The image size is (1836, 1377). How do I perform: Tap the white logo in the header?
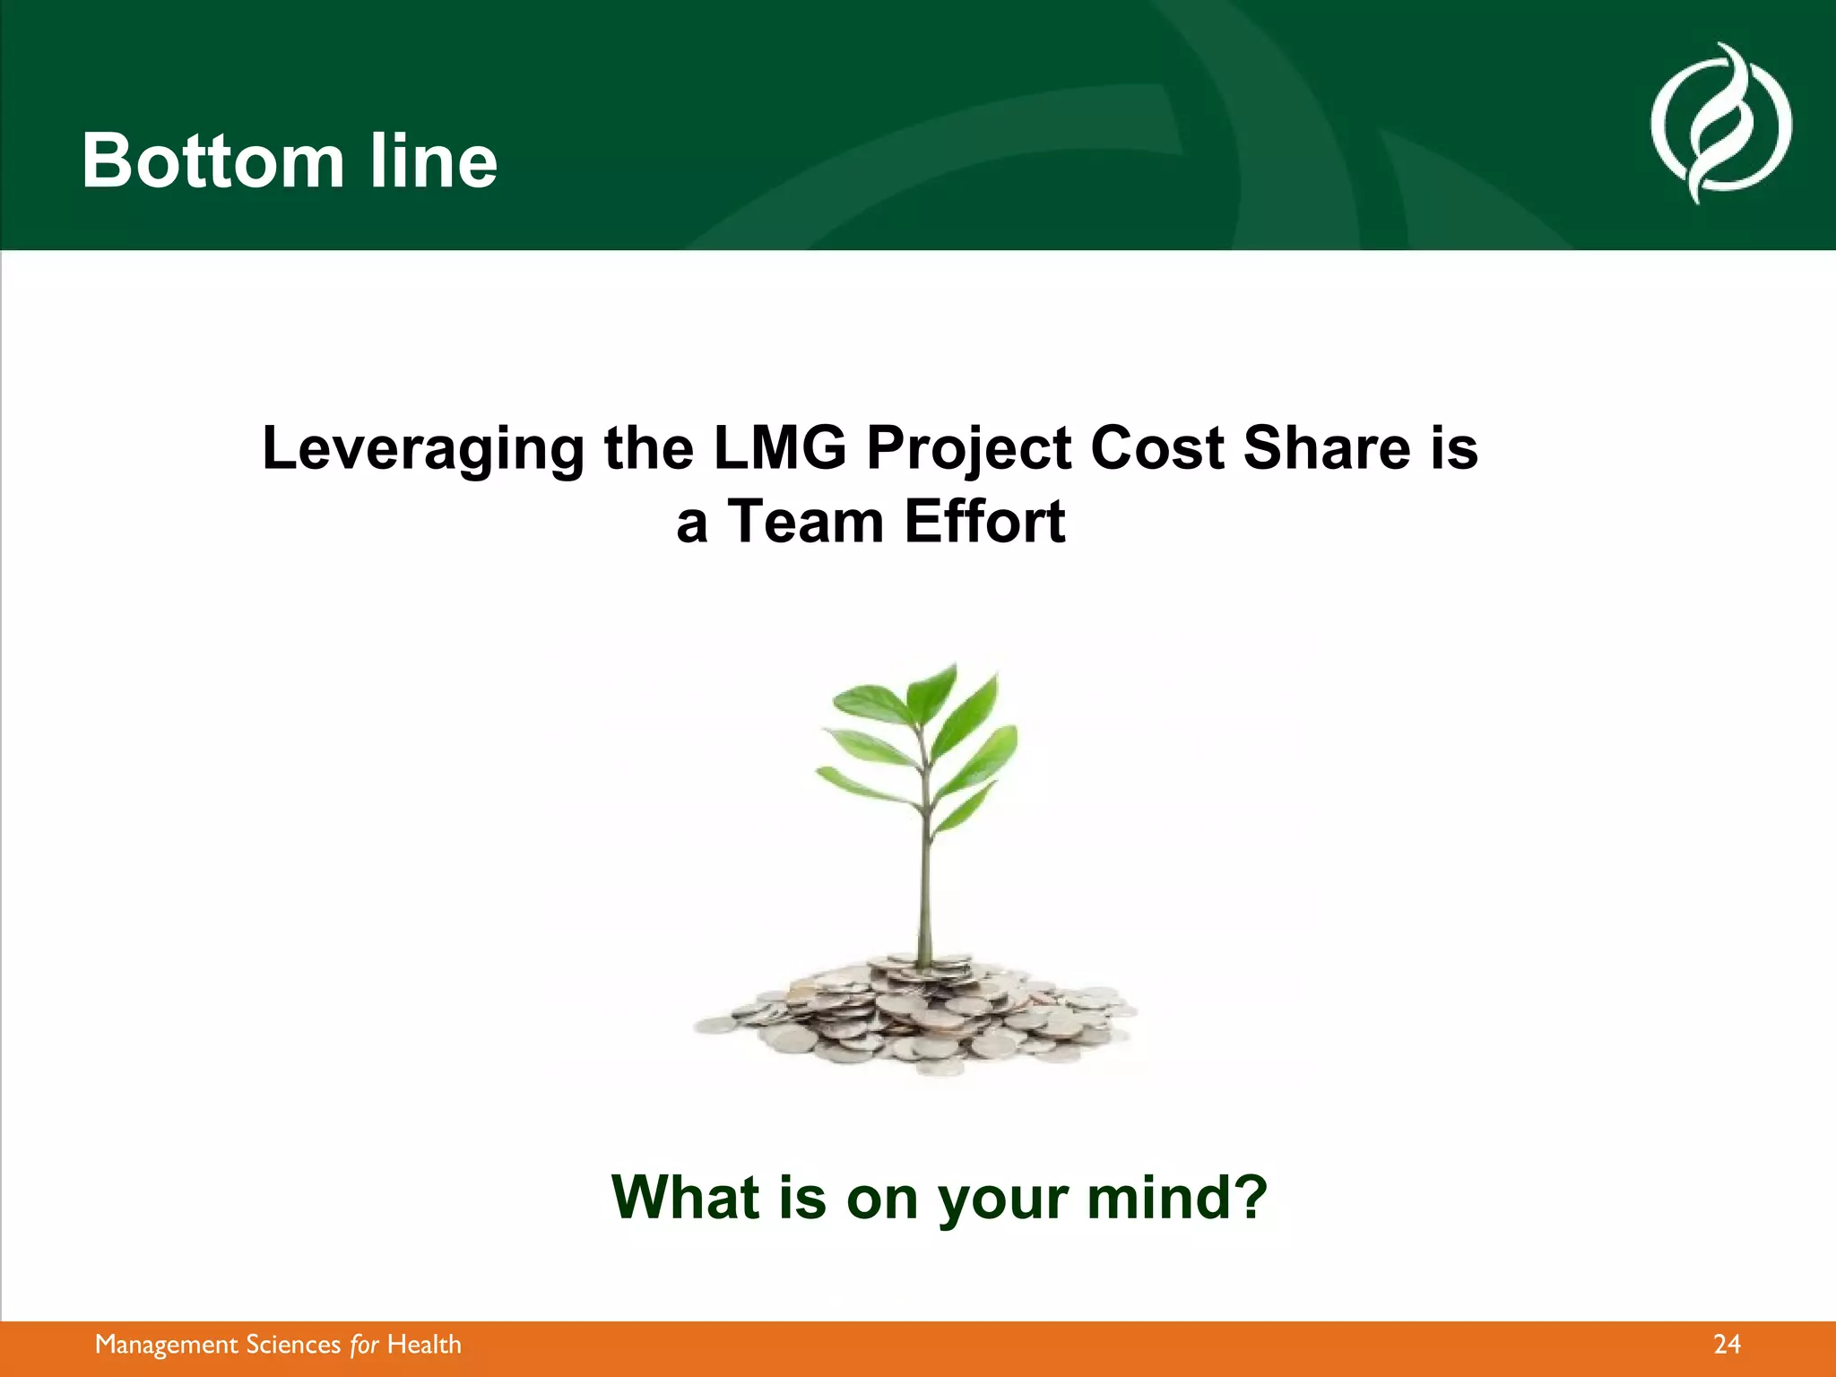point(1720,124)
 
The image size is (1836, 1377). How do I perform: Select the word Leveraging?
point(422,449)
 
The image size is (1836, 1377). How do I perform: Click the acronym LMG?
point(779,447)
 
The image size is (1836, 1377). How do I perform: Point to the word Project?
point(967,449)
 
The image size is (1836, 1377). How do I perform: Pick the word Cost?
point(1156,447)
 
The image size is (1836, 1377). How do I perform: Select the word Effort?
point(984,522)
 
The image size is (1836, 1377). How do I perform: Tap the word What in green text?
point(686,1198)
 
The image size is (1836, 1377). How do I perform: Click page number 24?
point(1726,1345)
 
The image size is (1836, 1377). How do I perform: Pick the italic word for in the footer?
point(364,1345)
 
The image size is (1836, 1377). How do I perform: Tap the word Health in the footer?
point(424,1345)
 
